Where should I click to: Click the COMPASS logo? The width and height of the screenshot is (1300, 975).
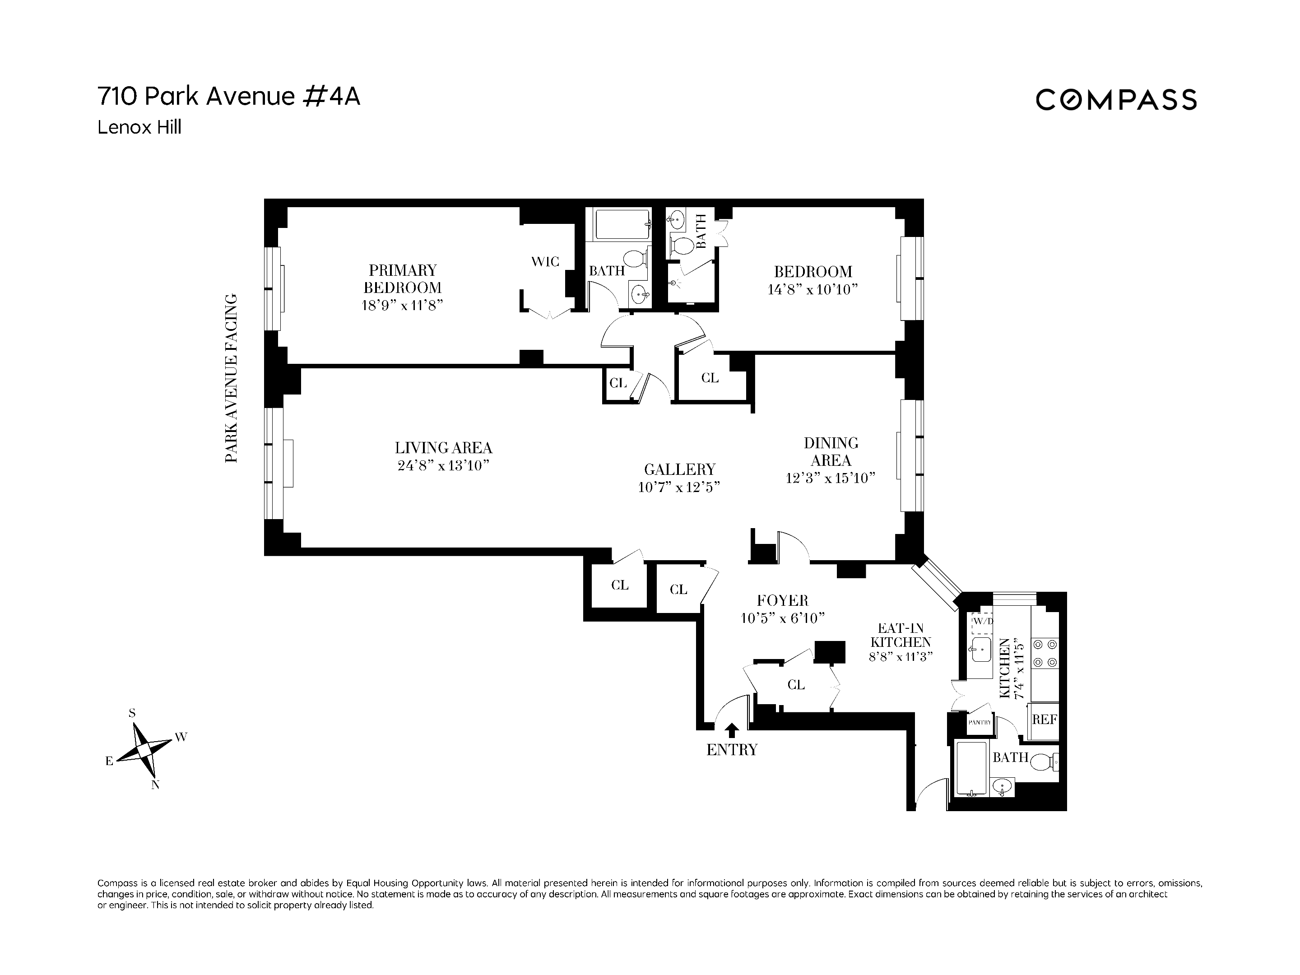pyautogui.click(x=1115, y=99)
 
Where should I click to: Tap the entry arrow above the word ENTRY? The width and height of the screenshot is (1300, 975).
pyautogui.click(x=732, y=730)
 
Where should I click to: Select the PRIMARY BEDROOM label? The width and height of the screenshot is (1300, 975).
pyautogui.click(x=403, y=279)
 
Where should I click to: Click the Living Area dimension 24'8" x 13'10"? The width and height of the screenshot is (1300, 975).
pyautogui.click(x=444, y=466)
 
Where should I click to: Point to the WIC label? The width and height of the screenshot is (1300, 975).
pyautogui.click(x=545, y=261)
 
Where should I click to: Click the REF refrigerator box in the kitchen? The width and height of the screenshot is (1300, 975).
pyautogui.click(x=1045, y=720)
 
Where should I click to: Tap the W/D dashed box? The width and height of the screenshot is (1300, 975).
pyautogui.click(x=982, y=622)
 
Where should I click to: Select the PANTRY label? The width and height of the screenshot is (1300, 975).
pyautogui.click(x=980, y=722)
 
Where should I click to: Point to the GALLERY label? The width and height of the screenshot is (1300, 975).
pyautogui.click(x=679, y=469)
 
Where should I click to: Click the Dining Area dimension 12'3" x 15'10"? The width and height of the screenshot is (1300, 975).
pyautogui.click(x=831, y=478)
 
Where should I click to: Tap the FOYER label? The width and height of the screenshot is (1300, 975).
pyautogui.click(x=782, y=601)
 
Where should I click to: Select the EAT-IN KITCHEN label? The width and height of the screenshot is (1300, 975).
pyautogui.click(x=901, y=635)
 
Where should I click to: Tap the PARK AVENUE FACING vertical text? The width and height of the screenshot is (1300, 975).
pyautogui.click(x=232, y=378)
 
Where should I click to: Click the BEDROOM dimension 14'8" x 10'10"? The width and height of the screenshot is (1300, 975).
pyautogui.click(x=813, y=290)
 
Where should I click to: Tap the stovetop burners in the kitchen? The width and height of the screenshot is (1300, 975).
pyautogui.click(x=1045, y=652)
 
